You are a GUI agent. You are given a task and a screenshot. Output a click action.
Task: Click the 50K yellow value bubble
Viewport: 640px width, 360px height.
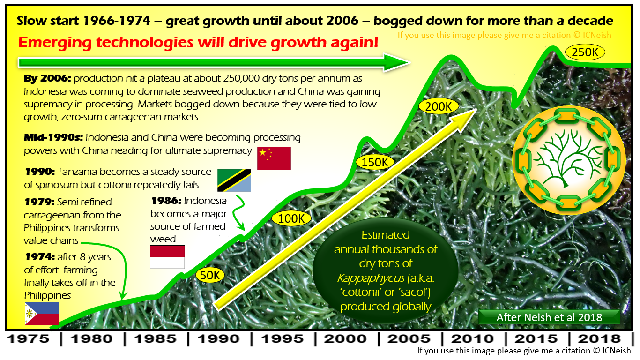click(x=210, y=275)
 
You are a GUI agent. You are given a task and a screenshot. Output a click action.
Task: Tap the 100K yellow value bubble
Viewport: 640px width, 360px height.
click(x=291, y=219)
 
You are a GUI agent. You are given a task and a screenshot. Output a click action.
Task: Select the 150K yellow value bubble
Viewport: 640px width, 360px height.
click(x=375, y=162)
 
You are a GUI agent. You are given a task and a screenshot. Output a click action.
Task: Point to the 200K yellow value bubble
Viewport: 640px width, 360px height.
click(x=439, y=107)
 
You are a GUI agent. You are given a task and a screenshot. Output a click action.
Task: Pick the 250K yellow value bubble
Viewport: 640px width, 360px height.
click(x=585, y=52)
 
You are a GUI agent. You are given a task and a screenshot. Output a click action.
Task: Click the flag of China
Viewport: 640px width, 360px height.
click(x=274, y=158)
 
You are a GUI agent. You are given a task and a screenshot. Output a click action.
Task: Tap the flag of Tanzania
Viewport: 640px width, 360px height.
click(x=234, y=180)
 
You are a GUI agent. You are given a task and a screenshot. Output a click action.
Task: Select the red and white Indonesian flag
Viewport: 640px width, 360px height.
click(x=167, y=257)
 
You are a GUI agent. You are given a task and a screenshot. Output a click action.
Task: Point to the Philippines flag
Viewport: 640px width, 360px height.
click(x=42, y=314)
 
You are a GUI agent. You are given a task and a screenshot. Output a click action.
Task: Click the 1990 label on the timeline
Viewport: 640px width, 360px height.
click(x=219, y=339)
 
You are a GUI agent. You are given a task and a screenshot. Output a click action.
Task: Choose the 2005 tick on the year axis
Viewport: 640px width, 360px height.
click(x=409, y=339)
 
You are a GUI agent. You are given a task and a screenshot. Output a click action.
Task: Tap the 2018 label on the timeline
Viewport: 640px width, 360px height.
click(x=599, y=339)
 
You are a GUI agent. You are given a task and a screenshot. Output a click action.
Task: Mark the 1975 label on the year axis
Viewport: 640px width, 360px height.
click(x=28, y=339)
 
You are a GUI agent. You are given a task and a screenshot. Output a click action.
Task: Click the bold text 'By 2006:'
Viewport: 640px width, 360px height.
click(x=47, y=78)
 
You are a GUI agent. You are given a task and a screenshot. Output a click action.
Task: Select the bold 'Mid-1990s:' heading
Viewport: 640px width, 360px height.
click(x=53, y=137)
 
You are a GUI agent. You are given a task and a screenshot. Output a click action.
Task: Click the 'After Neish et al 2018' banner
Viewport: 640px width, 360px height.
click(x=550, y=317)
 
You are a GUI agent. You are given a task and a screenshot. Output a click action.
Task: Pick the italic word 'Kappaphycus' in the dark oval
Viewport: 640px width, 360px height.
click(x=371, y=278)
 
